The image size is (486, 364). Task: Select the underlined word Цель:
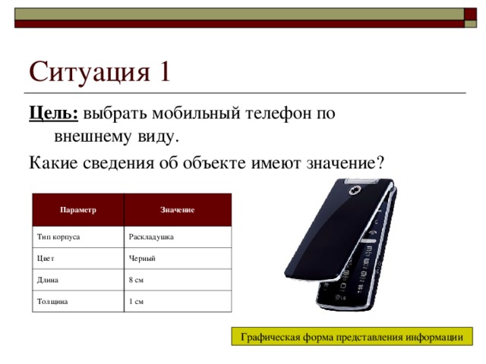tap(53, 115)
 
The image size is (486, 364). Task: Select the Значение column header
tap(177, 209)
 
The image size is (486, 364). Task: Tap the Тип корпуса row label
tap(58, 237)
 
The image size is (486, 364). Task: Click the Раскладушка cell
tap(152, 237)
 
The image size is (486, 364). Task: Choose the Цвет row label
tap(46, 259)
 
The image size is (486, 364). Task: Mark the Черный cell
tap(143, 259)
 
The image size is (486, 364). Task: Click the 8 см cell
tap(137, 280)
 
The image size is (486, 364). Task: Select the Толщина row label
tap(52, 302)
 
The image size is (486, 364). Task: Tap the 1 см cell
tap(137, 302)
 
